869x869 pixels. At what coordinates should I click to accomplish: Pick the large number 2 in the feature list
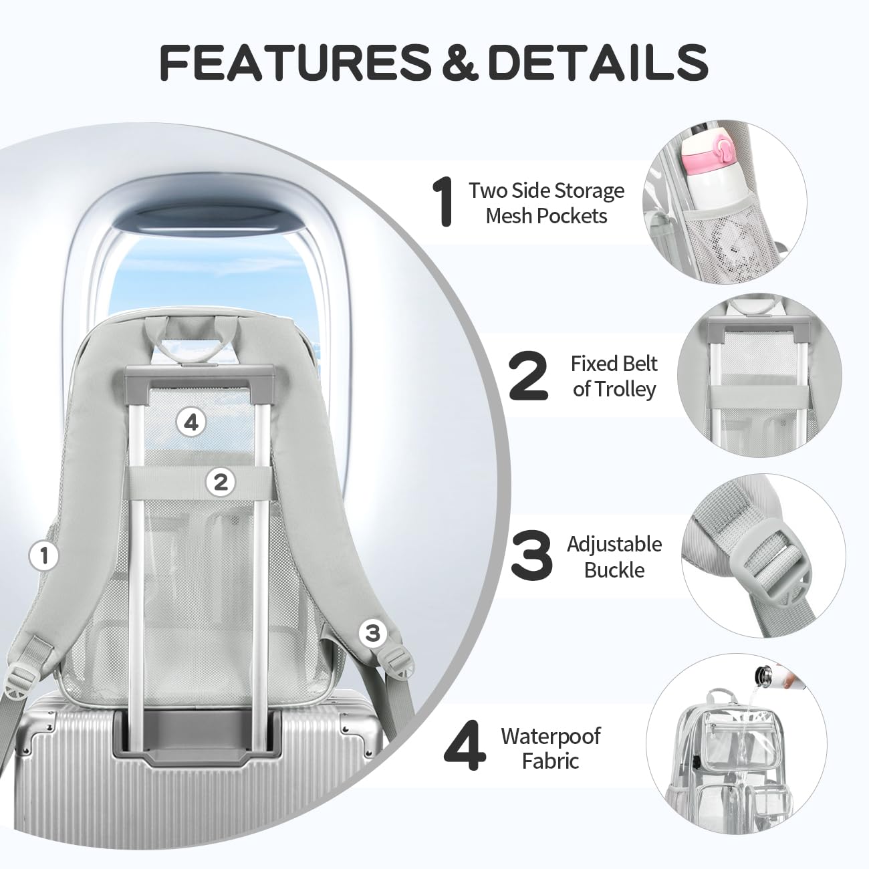pos(529,376)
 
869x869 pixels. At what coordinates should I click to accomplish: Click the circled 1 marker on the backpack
pos(43,555)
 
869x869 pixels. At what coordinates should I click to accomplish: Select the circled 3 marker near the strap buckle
pos(372,633)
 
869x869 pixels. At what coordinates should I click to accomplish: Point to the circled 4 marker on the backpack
pos(191,422)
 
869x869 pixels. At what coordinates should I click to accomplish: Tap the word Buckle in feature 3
pos(614,570)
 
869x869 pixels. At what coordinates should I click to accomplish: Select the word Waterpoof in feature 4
pos(551,737)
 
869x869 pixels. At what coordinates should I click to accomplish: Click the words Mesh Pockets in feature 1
pos(546,216)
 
